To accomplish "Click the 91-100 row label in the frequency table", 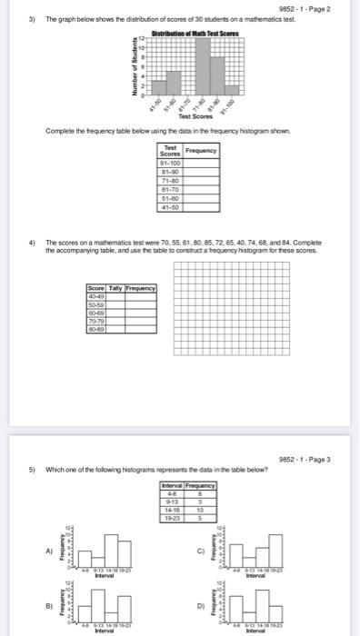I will [170, 164].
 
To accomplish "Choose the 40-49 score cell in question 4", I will [95, 294].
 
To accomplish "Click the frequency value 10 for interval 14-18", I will [201, 512].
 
